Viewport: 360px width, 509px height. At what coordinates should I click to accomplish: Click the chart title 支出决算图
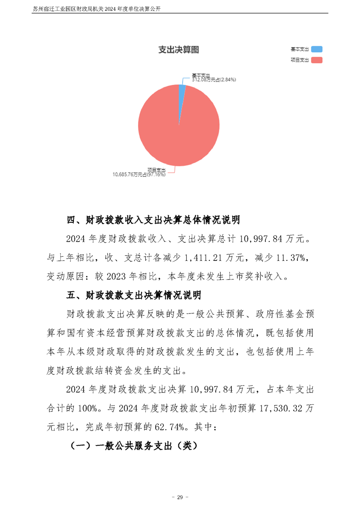click(178, 50)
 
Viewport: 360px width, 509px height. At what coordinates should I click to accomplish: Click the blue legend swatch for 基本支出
click(317, 49)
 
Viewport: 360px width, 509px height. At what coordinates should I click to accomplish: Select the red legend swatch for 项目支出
click(317, 60)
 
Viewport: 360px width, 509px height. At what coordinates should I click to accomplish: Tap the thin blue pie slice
click(182, 90)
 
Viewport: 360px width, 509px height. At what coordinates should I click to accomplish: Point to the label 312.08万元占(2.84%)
click(213, 79)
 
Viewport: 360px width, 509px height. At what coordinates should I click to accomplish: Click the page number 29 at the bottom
click(180, 497)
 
